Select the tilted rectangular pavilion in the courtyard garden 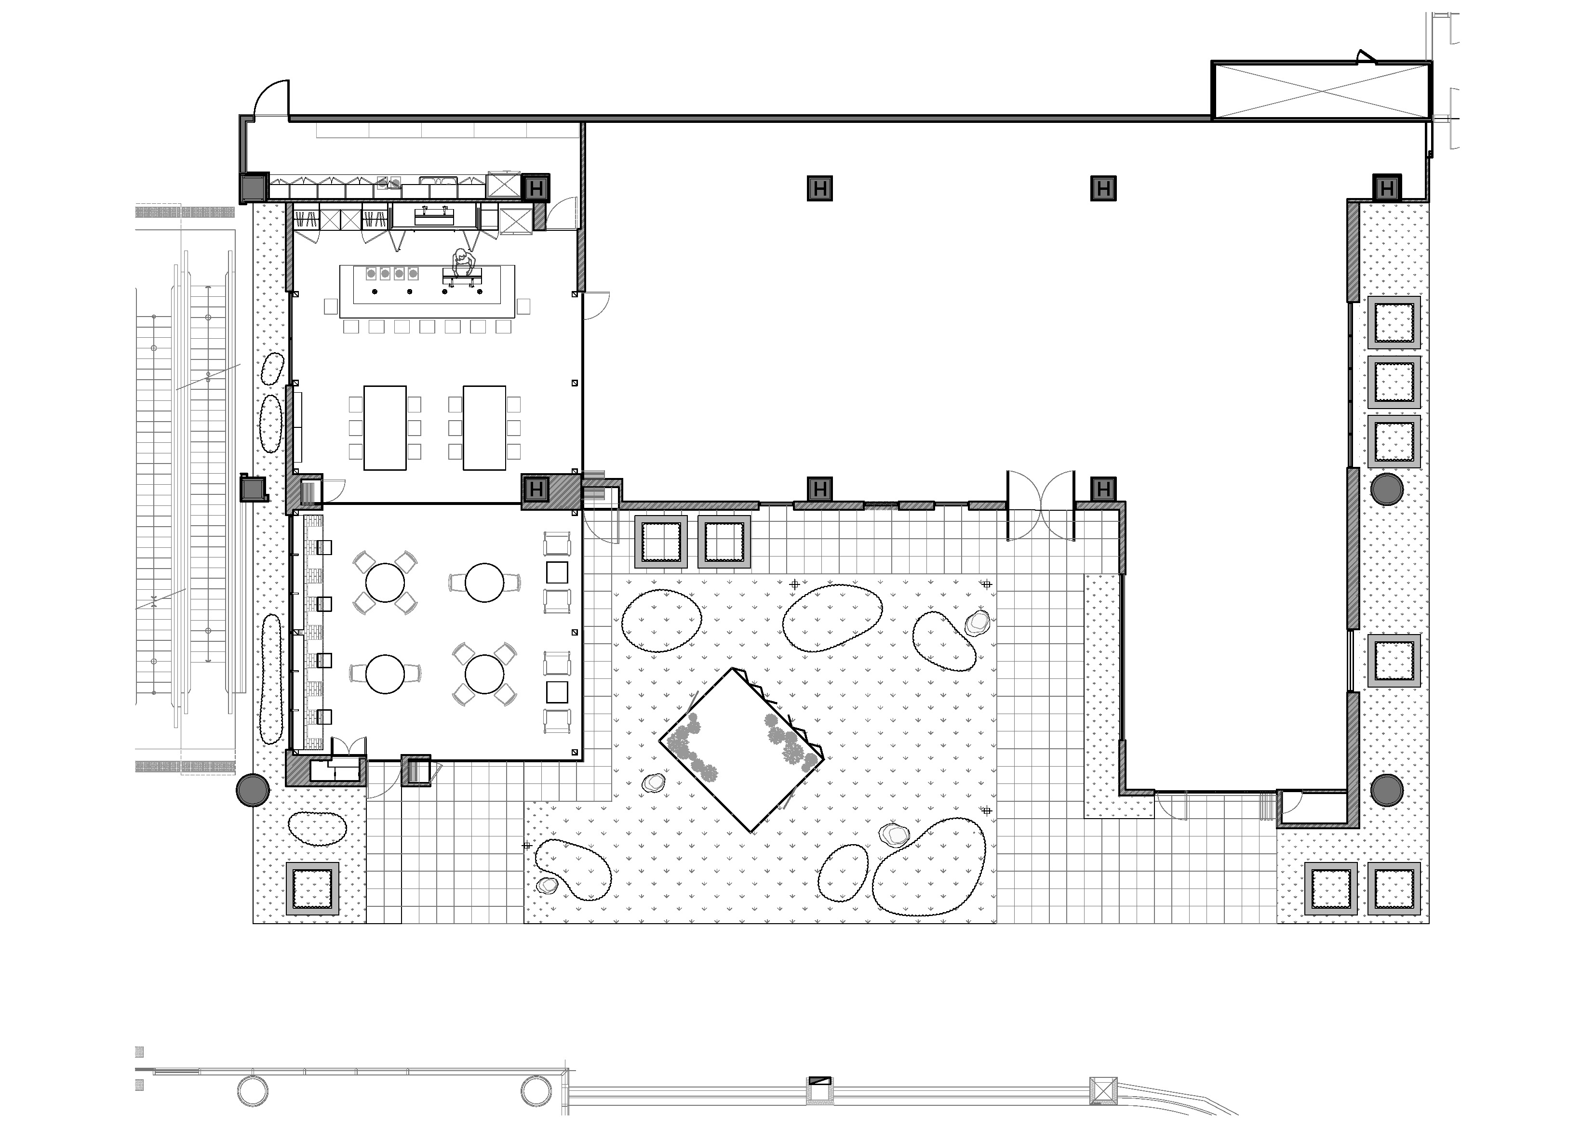tap(741, 750)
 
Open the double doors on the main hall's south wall tap(1041, 505)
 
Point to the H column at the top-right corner tap(1387, 187)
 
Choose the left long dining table tap(385, 428)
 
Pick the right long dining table tap(484, 428)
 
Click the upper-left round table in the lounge tap(385, 583)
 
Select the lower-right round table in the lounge tap(484, 674)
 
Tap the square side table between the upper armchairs tap(557, 573)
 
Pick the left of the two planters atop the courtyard tap(661, 542)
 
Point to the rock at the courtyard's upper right tap(978, 623)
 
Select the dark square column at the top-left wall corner tap(254, 187)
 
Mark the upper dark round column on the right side tap(1387, 489)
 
